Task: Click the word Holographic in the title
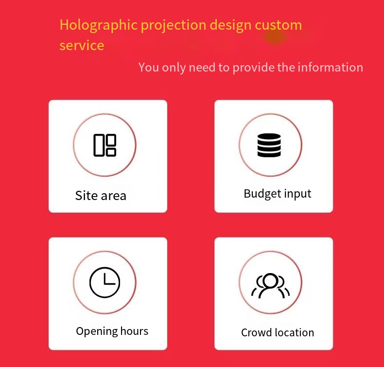click(99, 25)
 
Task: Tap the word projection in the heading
click(174, 26)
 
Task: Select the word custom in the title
click(279, 25)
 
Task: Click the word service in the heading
click(82, 45)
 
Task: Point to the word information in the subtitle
click(331, 67)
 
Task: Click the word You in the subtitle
click(149, 68)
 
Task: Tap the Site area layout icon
click(105, 145)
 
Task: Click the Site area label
click(101, 195)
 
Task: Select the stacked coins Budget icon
click(269, 145)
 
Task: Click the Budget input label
click(278, 194)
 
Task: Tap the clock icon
click(105, 282)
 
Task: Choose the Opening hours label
click(112, 331)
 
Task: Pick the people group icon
click(270, 286)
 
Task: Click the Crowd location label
click(278, 332)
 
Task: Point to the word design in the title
click(230, 26)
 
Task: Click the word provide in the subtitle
click(253, 68)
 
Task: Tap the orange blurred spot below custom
click(275, 37)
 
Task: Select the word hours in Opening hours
click(134, 331)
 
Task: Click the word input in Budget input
click(297, 194)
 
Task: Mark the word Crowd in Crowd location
click(257, 332)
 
